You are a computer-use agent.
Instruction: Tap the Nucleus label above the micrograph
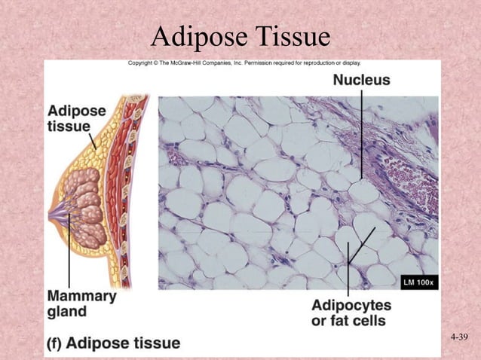(x=362, y=80)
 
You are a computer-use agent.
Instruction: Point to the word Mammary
(x=82, y=296)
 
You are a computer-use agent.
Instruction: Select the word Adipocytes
(x=351, y=306)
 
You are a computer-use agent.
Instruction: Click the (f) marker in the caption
(x=54, y=343)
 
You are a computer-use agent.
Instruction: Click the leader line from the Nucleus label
(x=362, y=136)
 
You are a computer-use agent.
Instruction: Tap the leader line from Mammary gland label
(x=70, y=252)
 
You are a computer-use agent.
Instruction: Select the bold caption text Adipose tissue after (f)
(x=124, y=343)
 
